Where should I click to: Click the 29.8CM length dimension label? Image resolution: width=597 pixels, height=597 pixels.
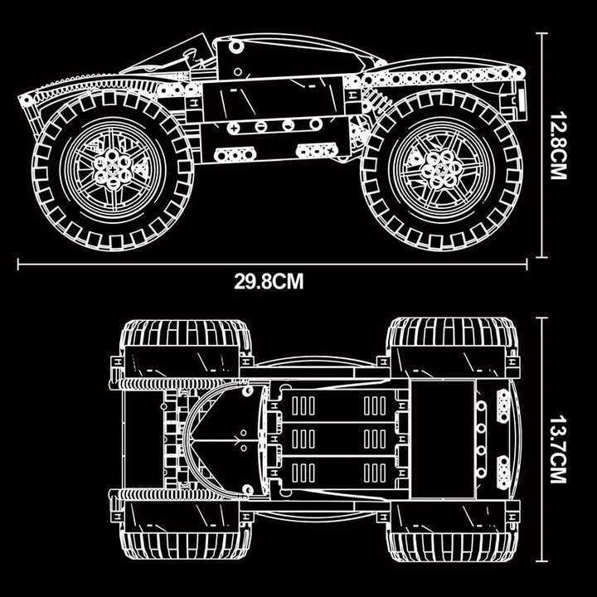(269, 282)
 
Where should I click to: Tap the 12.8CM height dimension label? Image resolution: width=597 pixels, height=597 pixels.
(558, 145)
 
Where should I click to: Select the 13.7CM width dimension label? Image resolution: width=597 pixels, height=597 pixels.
(558, 449)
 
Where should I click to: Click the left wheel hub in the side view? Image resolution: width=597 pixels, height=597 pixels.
(113, 169)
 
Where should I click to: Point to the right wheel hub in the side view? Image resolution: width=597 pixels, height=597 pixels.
(443, 169)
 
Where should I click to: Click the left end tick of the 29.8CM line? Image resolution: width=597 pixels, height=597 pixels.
(18, 264)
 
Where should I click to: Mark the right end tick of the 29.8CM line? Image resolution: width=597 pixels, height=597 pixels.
(527, 264)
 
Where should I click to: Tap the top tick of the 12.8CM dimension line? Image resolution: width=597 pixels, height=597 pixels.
(541, 33)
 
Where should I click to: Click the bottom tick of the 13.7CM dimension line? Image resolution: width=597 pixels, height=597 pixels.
(541, 561)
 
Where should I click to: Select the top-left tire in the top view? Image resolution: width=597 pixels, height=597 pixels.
(186, 333)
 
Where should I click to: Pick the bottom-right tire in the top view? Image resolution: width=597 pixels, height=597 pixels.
(453, 546)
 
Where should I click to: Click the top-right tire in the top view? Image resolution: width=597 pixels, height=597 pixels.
(453, 332)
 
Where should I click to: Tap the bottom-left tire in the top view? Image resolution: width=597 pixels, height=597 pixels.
(186, 546)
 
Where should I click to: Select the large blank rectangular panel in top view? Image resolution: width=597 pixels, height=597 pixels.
(444, 439)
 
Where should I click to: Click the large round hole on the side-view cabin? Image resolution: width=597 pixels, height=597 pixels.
(235, 46)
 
